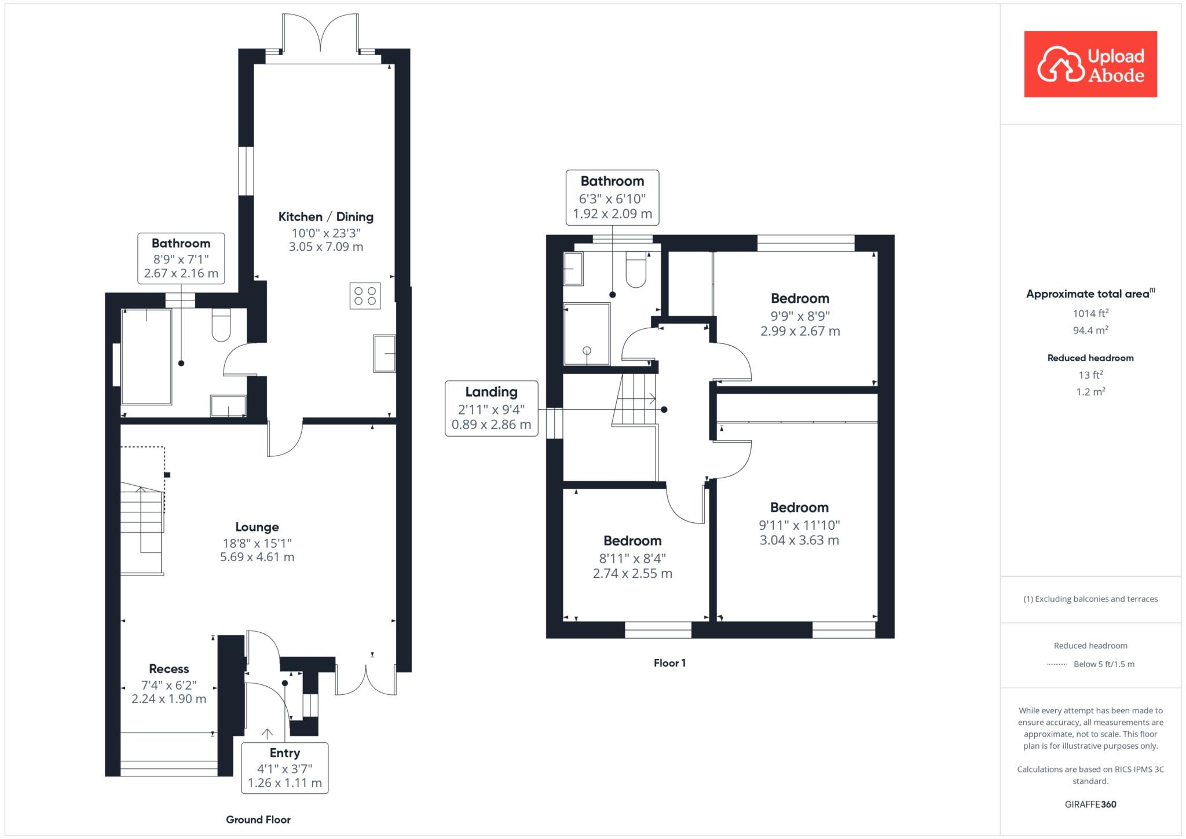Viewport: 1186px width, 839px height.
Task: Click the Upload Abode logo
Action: pos(1090,64)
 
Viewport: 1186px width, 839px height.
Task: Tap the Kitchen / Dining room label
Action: pos(326,217)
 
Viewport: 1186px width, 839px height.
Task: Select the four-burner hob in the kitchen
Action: pos(365,295)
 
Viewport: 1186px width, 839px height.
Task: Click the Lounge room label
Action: pos(257,527)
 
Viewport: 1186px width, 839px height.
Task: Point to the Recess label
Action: pos(169,669)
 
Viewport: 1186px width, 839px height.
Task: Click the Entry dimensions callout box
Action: pos(285,768)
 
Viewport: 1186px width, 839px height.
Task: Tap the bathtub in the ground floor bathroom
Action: pos(147,357)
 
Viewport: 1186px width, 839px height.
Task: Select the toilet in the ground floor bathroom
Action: pos(221,324)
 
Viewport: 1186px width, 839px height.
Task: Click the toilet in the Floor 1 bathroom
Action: pos(636,269)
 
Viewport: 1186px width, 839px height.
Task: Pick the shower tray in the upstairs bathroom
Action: pos(587,334)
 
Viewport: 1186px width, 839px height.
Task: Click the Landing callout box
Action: pos(492,408)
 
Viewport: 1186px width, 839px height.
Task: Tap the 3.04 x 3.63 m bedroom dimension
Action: pos(799,540)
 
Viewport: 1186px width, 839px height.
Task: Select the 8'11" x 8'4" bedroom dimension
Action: pos(632,558)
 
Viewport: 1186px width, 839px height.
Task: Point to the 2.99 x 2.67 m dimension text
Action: pos(800,331)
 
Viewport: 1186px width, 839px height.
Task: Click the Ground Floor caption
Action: pos(258,819)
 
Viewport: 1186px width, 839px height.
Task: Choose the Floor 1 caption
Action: pos(669,663)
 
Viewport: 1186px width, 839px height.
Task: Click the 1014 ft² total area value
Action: pos(1090,313)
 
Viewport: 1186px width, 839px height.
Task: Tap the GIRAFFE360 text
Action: pos(1090,804)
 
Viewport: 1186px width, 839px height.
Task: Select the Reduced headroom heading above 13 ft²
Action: pos(1090,358)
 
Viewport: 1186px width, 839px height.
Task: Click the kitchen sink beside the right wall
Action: pos(385,353)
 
